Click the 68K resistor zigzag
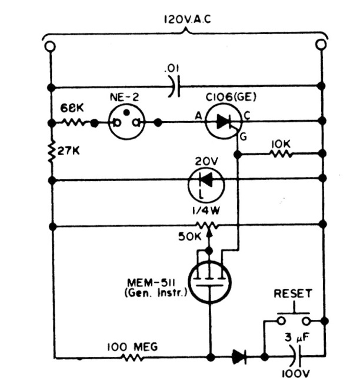point(75,123)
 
